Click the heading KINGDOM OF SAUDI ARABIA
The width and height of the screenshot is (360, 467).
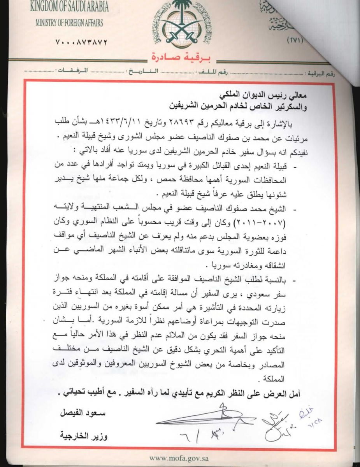tap(69, 7)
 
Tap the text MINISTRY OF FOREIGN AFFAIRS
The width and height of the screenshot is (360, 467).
tap(69, 23)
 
